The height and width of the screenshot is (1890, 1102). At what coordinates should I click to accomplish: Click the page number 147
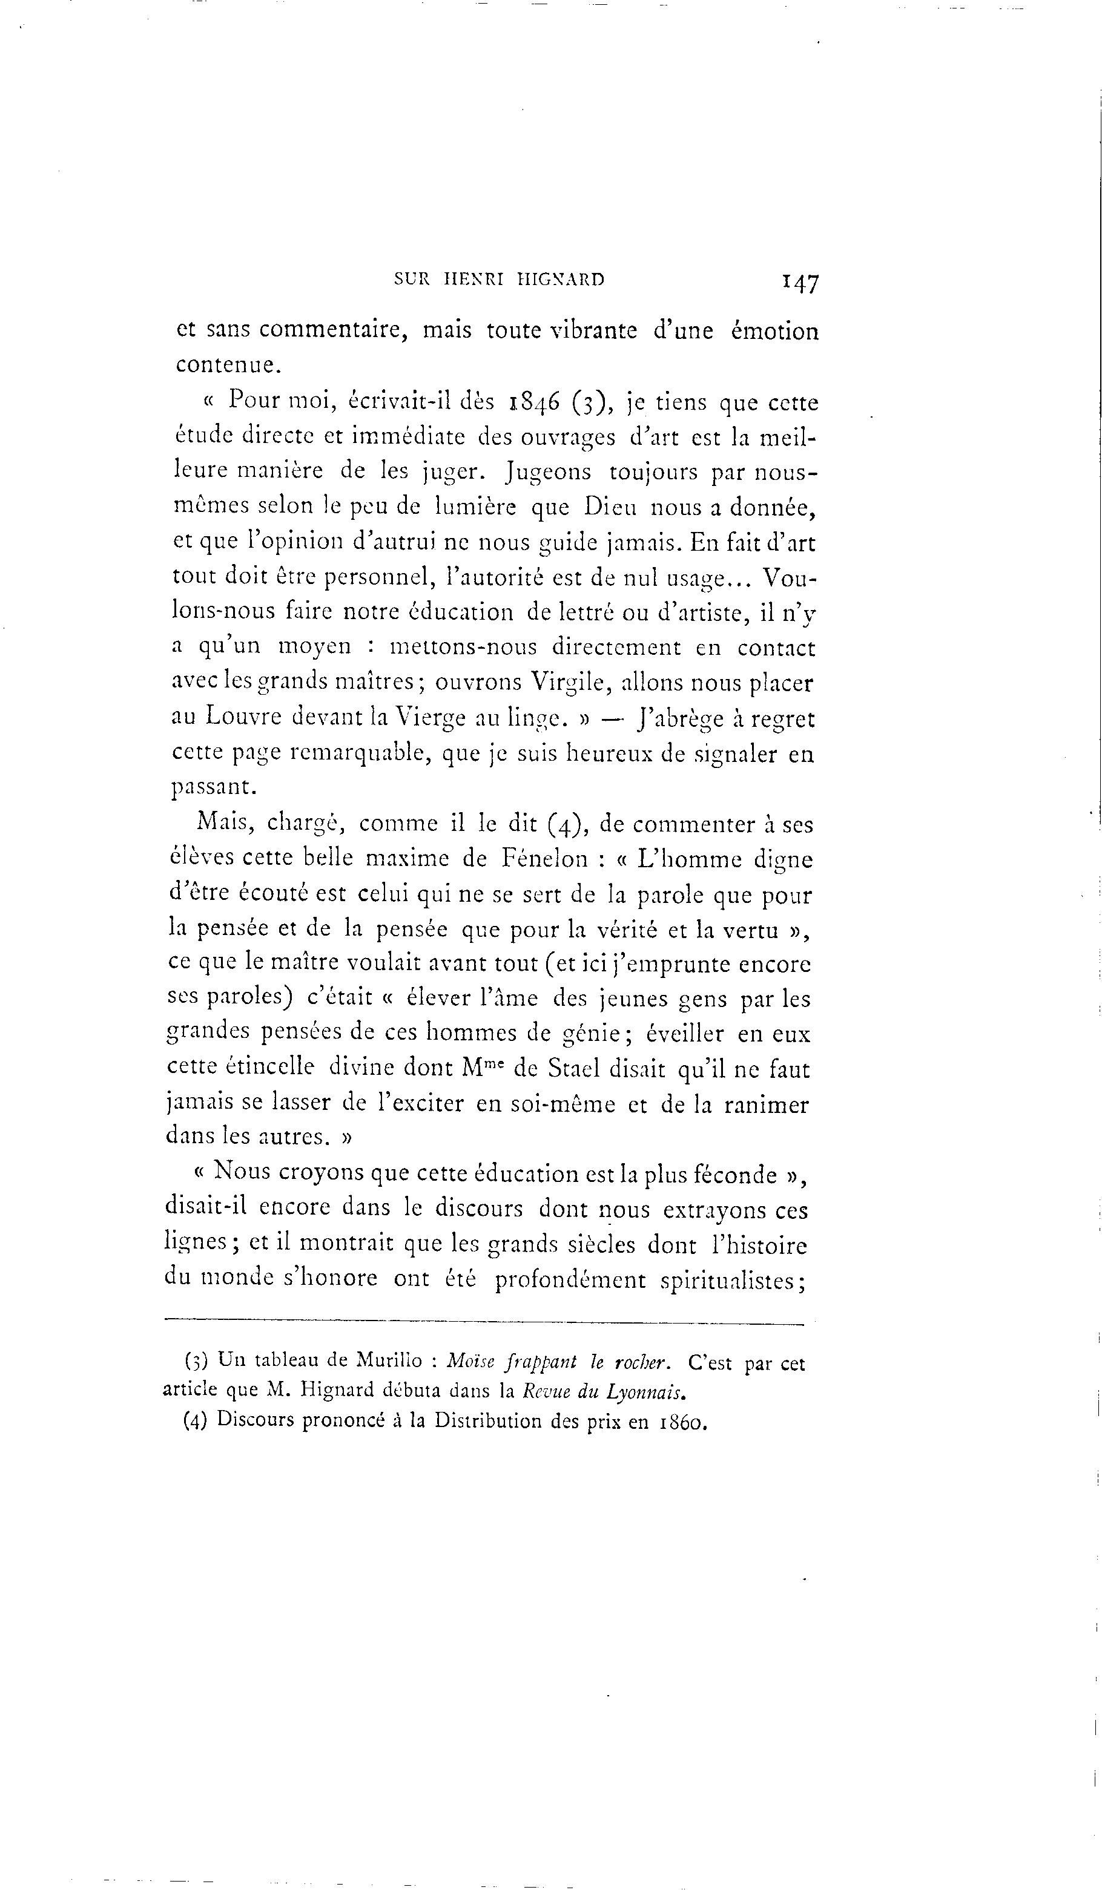tap(800, 283)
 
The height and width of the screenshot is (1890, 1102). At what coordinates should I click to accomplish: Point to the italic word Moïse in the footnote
tap(470, 1360)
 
